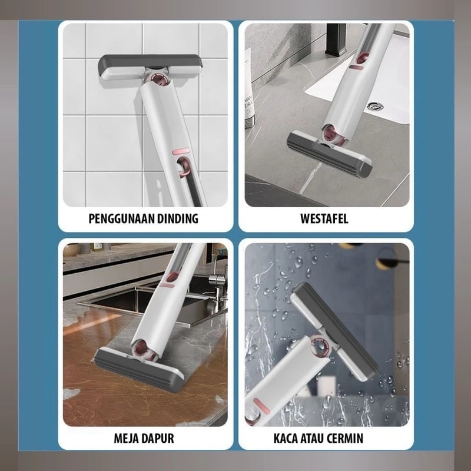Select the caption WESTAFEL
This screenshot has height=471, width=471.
click(324, 218)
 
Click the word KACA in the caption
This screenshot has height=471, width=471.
click(286, 439)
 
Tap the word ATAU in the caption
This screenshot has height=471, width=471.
click(316, 439)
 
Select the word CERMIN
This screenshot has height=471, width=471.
click(348, 439)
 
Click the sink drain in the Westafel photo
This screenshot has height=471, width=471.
click(375, 106)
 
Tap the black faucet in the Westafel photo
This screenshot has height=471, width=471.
click(336, 39)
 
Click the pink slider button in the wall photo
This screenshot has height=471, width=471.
click(181, 151)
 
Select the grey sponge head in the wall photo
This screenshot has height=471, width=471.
click(150, 68)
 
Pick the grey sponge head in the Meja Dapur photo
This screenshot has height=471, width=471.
click(138, 370)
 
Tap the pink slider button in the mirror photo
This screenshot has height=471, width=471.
click(261, 405)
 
